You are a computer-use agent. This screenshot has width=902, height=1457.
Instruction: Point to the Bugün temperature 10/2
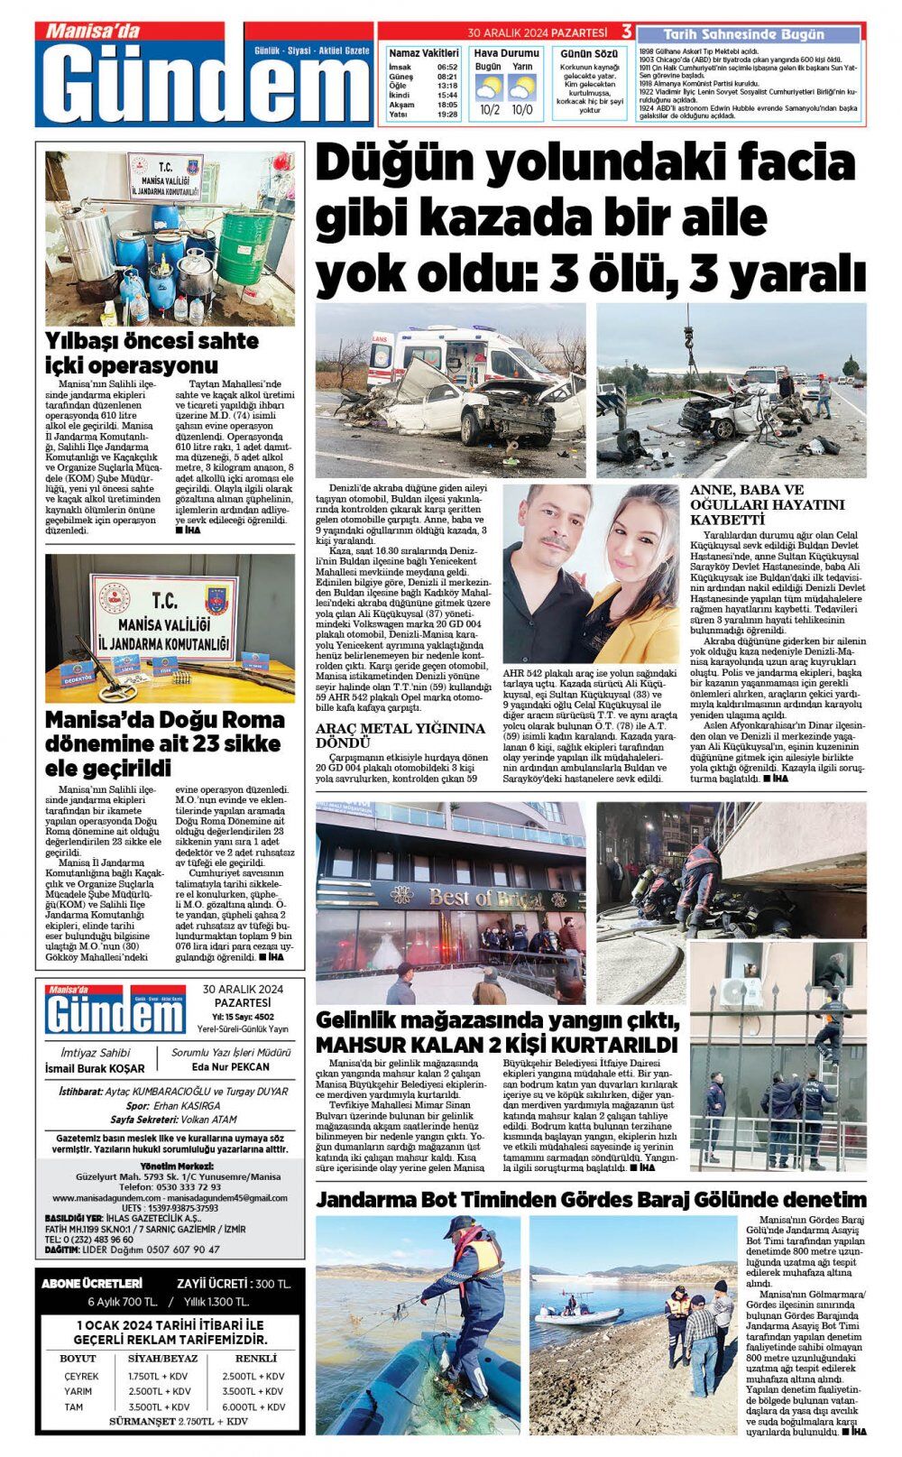pyautogui.click(x=490, y=110)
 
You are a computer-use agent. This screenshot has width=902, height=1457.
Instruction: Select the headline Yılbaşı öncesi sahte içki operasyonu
pyautogui.click(x=152, y=353)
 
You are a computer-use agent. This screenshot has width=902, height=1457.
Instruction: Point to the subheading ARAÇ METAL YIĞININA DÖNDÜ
pyautogui.click(x=400, y=734)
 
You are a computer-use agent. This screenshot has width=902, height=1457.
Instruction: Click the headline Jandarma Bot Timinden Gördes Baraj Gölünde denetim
pyautogui.click(x=591, y=1200)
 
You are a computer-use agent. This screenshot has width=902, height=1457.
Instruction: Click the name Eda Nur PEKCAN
pyautogui.click(x=232, y=1066)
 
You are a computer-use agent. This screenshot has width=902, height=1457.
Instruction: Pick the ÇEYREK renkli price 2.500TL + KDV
pyautogui.click(x=253, y=1376)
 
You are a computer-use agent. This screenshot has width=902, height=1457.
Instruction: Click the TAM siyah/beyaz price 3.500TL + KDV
pyautogui.click(x=159, y=1406)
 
